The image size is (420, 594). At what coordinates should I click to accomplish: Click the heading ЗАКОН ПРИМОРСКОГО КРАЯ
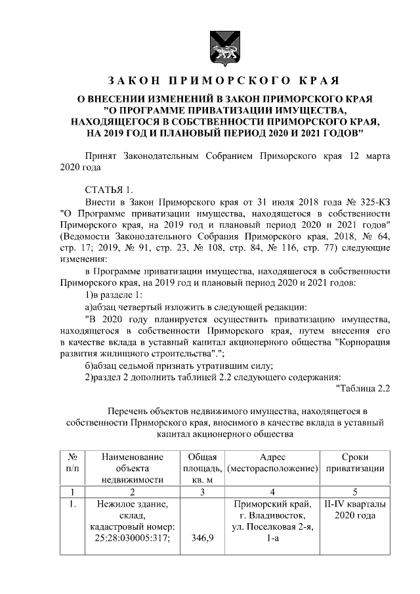tap(222, 81)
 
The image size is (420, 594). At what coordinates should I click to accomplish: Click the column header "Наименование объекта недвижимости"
tap(132, 468)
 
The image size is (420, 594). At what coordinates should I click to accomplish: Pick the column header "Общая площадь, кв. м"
tap(202, 468)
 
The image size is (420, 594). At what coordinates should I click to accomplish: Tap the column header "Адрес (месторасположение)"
tap(271, 463)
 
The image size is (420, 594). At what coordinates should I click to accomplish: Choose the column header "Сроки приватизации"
tap(355, 463)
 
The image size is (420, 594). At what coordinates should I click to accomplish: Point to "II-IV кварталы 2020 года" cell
tap(355, 509)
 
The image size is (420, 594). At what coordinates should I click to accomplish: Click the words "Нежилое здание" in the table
tap(132, 504)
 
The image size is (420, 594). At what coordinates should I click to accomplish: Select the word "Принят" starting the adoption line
tap(102, 157)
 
